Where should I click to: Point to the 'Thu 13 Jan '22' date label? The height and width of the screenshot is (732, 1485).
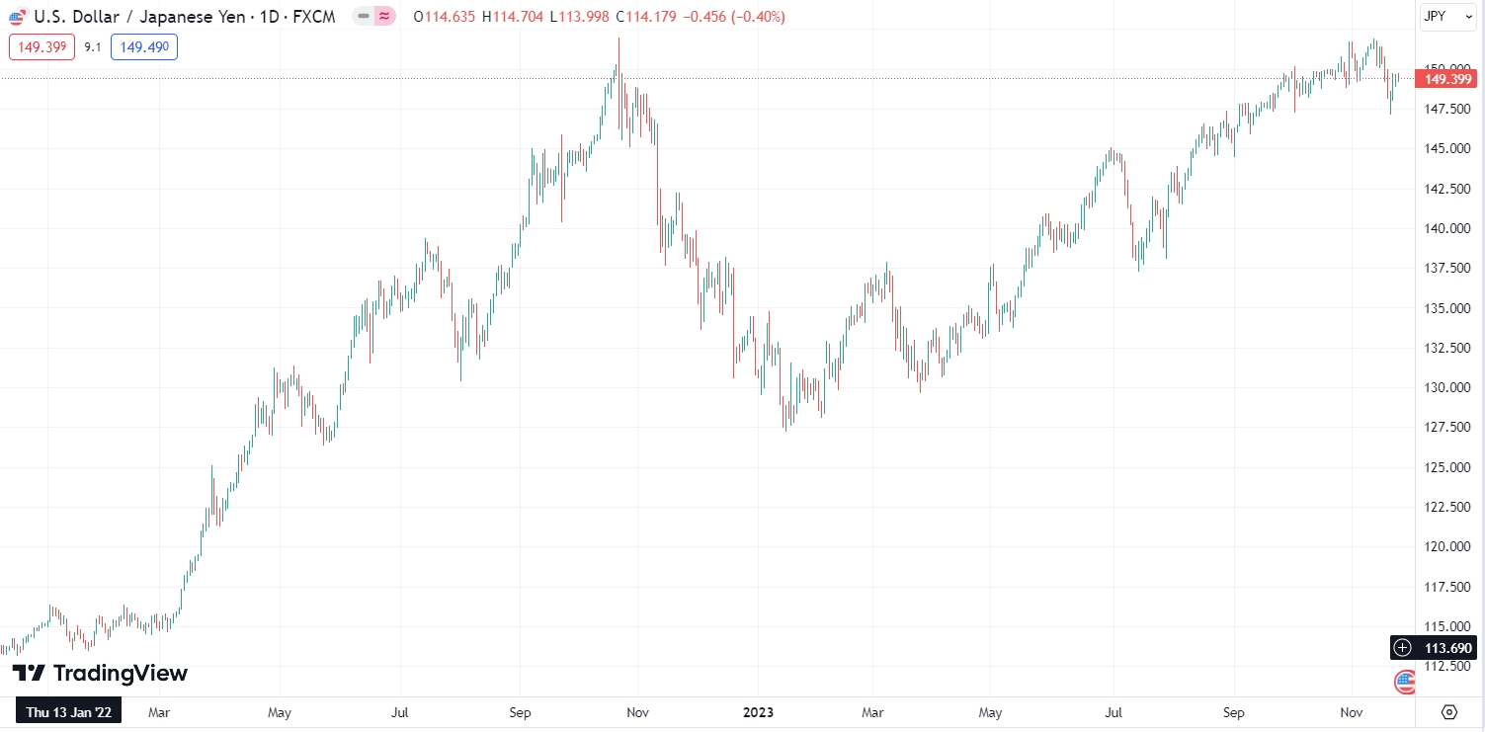(68, 711)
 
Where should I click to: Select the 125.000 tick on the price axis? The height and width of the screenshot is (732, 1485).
(1448, 467)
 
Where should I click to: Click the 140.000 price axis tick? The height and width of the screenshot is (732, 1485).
(1448, 228)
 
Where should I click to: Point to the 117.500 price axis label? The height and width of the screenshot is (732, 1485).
(1448, 587)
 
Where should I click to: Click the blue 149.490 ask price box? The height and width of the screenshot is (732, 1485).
(143, 46)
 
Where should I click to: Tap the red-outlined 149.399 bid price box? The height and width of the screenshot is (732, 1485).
(41, 46)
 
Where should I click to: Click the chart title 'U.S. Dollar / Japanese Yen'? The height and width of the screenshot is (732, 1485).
(140, 17)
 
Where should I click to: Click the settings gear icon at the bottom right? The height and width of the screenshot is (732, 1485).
(1449, 711)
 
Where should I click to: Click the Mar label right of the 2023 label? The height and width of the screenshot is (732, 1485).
(872, 711)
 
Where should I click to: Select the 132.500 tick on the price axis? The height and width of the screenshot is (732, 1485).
(1448, 348)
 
